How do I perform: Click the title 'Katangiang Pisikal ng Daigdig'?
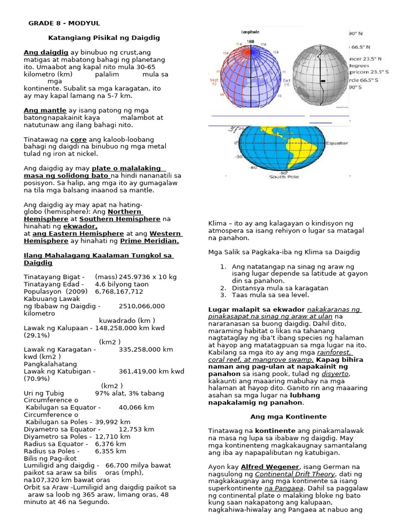point(104,38)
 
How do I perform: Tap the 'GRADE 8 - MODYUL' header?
point(64,24)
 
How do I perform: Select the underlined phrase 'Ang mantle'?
point(45,110)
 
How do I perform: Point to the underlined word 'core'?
point(78,139)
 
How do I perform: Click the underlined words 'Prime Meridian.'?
point(149,241)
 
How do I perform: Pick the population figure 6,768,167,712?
point(119,291)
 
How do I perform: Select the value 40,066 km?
point(136,407)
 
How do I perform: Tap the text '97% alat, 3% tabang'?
point(130,393)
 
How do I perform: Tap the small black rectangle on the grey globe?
point(323,81)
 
